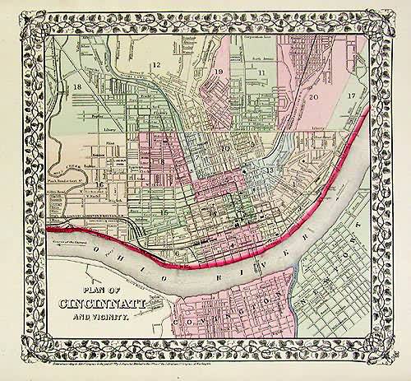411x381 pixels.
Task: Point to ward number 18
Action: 76,86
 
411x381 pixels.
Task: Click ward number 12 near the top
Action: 154,64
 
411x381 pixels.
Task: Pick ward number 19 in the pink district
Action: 219,72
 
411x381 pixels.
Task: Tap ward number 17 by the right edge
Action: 351,96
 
